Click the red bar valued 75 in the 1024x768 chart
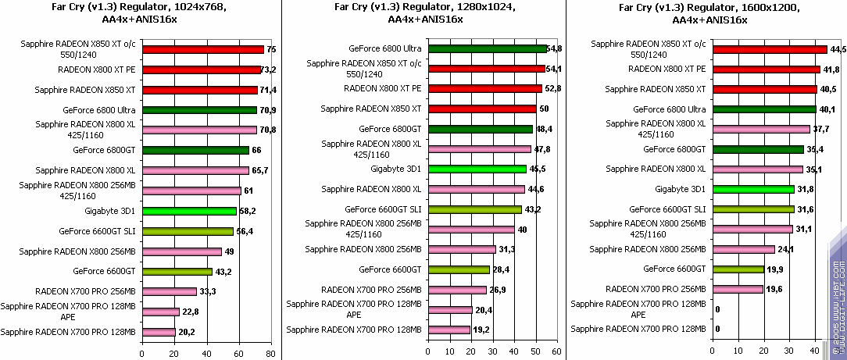210,49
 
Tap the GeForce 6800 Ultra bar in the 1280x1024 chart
487,48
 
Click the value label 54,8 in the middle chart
556,48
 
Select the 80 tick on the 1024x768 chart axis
269,354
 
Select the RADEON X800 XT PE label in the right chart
667,69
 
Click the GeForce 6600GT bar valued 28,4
458,269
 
